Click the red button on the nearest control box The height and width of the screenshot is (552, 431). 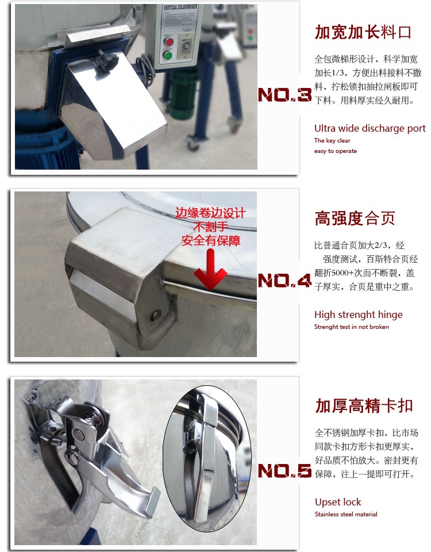[169, 42]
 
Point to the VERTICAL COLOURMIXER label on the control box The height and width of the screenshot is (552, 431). [180, 8]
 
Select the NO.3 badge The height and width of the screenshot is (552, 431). [284, 95]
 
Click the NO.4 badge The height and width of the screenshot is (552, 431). [284, 281]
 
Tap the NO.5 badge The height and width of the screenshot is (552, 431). [284, 471]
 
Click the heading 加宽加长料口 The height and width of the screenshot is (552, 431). [363, 32]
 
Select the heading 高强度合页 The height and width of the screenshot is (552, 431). [355, 218]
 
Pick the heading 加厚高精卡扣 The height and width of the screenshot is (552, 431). [364, 405]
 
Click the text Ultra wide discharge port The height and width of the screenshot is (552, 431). [370, 128]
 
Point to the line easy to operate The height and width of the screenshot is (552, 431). [335, 151]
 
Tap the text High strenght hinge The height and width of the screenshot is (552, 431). [358, 315]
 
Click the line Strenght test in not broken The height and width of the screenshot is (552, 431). [352, 327]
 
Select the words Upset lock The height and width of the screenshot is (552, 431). [338, 501]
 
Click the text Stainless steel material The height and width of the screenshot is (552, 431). [346, 514]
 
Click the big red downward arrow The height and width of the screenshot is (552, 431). [210, 269]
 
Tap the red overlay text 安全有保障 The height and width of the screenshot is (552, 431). [211, 241]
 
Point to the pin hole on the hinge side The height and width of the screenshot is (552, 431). [155, 316]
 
